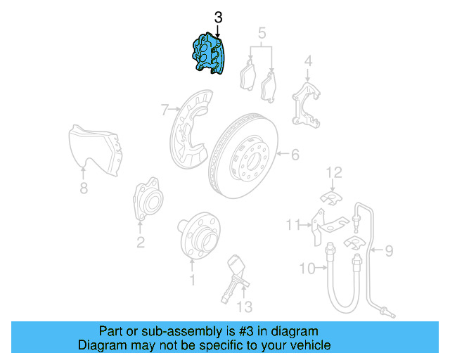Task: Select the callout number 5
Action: click(x=262, y=32)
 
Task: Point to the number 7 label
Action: click(x=165, y=110)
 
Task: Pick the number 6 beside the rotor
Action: click(x=295, y=154)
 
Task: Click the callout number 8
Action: click(x=84, y=188)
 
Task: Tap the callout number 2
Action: click(x=141, y=243)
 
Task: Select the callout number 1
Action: click(x=191, y=281)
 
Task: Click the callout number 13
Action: click(x=243, y=306)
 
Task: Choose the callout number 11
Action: click(x=292, y=224)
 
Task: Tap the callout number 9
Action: click(x=389, y=250)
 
